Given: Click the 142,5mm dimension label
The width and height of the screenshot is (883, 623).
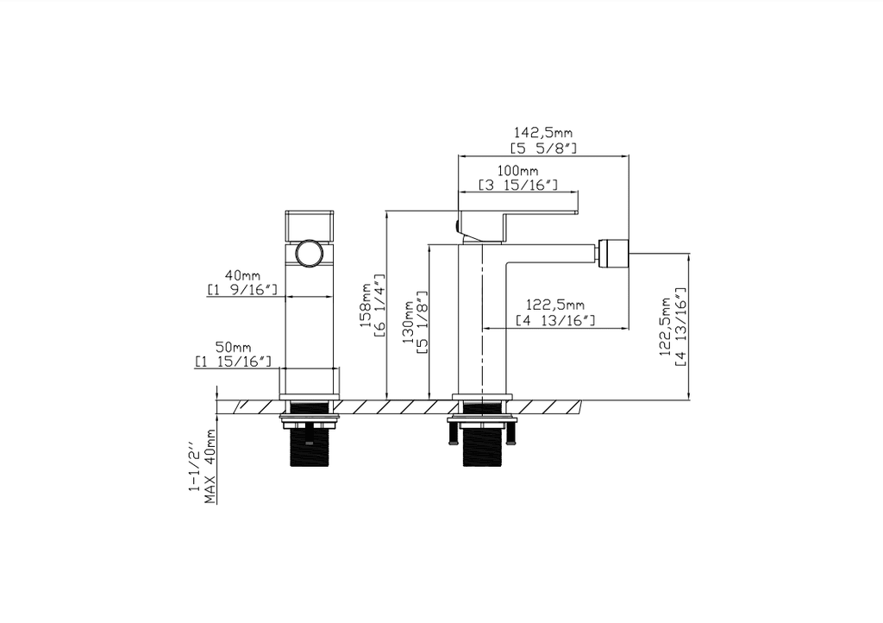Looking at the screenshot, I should tap(543, 133).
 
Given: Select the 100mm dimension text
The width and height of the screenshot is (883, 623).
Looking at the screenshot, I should tap(517, 171).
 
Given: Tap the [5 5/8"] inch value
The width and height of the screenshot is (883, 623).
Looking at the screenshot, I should tap(543, 148).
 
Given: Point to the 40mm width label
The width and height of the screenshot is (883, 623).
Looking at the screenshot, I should tap(241, 274).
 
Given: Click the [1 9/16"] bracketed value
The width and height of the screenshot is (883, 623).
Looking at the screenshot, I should tap(241, 290).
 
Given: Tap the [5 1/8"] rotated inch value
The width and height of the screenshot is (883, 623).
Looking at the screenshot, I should tap(423, 322).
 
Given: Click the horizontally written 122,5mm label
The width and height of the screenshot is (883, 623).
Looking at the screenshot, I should tap(555, 305).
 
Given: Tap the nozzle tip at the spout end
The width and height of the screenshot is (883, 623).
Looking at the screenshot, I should tap(613, 252).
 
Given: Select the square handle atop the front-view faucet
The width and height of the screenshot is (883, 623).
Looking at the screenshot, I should tap(309, 224).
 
